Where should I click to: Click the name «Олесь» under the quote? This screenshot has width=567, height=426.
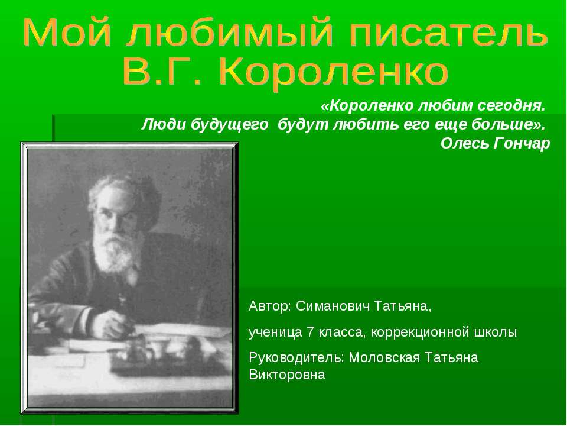point(464,144)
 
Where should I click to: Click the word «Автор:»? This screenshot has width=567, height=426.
point(270,308)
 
